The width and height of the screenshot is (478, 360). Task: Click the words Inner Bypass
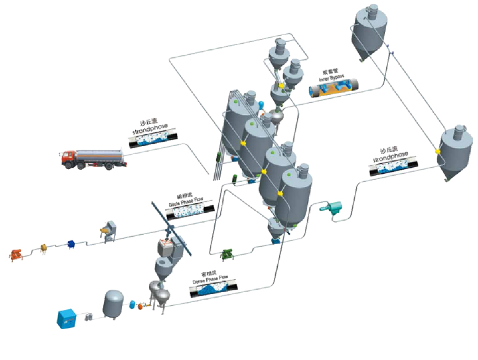332,78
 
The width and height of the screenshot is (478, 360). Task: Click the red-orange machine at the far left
17,253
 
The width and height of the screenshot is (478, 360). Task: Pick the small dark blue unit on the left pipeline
71,244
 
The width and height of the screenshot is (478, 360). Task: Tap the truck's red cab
70,158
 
